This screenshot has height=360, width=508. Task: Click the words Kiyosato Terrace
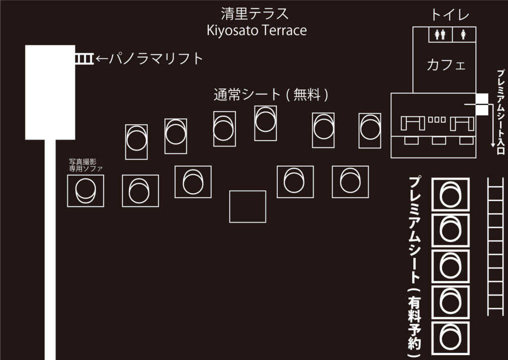256,30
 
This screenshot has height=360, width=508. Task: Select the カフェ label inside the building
446,65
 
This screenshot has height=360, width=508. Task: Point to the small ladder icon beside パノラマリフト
83,59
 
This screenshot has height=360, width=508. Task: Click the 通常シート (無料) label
271,94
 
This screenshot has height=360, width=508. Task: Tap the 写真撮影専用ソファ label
86,165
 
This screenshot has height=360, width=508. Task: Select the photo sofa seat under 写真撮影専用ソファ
86,191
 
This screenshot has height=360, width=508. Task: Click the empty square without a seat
248,207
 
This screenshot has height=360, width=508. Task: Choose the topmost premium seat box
451,194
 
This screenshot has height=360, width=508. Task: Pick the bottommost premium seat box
451,338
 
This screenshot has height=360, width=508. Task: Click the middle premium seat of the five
451,266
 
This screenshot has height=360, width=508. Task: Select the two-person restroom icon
440,35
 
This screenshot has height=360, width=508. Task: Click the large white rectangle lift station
50,92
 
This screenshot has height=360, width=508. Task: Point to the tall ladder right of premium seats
496,246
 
